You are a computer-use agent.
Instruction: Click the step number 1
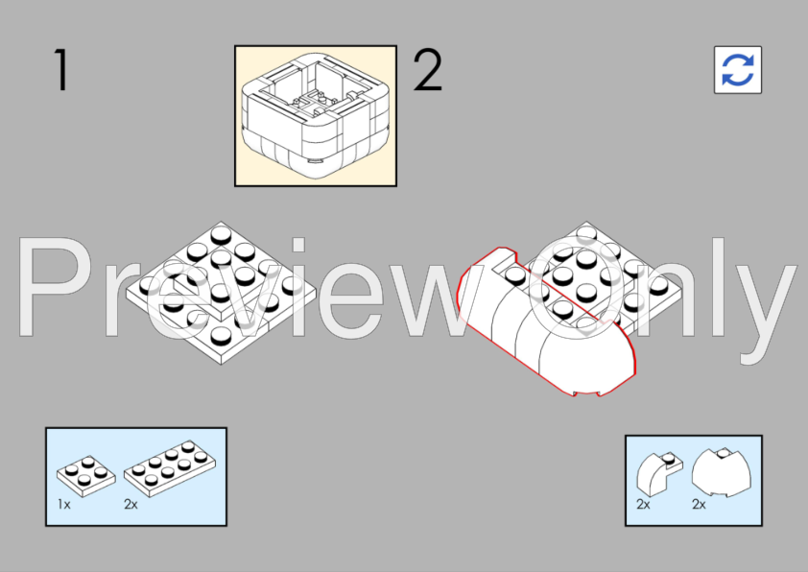point(61,71)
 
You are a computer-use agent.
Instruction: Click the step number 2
point(428,71)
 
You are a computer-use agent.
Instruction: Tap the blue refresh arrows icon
point(738,70)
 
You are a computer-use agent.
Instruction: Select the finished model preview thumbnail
point(316,115)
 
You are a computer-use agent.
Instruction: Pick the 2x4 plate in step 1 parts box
point(169,466)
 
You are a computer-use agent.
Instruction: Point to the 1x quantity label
point(64,504)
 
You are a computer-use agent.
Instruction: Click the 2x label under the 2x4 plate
point(131,504)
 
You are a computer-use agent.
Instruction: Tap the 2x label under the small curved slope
point(643,504)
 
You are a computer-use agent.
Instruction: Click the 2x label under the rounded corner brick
point(699,504)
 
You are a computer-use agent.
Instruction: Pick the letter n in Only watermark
point(662,303)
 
